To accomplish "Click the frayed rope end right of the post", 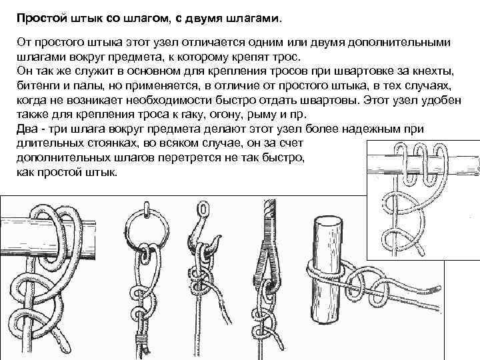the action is [433, 289].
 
